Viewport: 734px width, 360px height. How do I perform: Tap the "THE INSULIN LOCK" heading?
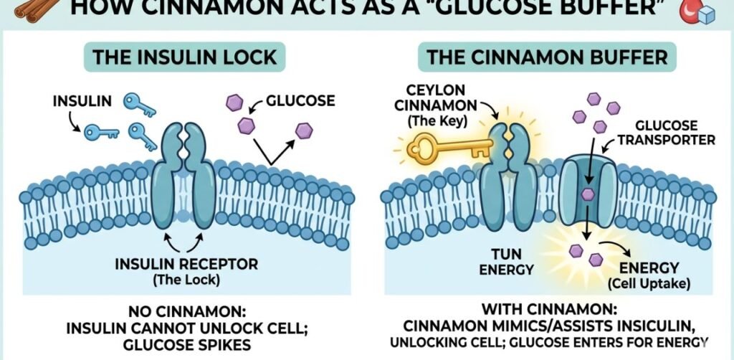(184, 57)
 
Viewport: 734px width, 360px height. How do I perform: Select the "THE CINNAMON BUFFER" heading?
(548, 57)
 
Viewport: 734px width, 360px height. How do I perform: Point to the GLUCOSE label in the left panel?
(300, 100)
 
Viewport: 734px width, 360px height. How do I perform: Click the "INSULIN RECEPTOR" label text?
(186, 265)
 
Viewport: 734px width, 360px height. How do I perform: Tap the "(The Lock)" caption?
(186, 280)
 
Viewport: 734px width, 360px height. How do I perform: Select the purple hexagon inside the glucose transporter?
(587, 194)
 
